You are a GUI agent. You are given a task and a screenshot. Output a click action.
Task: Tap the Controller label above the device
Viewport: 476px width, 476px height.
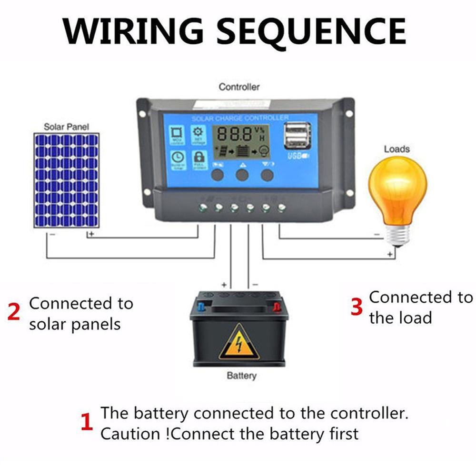click(239, 87)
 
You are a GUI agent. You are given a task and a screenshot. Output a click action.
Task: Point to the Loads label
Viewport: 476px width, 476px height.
click(397, 149)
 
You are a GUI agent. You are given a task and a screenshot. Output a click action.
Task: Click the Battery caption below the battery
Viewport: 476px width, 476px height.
click(241, 376)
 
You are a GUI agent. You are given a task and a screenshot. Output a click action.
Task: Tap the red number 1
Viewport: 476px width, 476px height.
click(86, 422)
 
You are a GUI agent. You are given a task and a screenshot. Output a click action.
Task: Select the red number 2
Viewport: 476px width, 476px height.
click(14, 312)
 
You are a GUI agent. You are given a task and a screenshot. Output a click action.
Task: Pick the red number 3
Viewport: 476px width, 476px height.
click(357, 307)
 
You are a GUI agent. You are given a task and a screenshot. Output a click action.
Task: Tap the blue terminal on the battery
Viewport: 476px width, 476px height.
click(200, 307)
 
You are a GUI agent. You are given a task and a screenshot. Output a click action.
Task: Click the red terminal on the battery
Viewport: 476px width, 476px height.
click(276, 307)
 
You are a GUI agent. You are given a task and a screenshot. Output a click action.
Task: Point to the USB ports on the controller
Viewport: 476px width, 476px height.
click(298, 136)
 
